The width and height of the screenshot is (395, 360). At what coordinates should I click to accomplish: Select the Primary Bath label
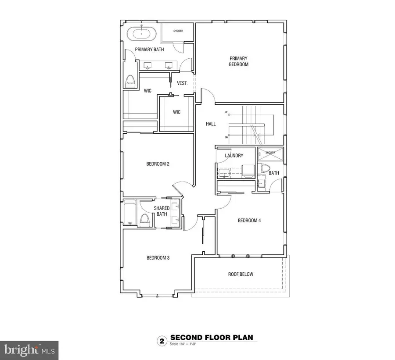[x=149, y=50]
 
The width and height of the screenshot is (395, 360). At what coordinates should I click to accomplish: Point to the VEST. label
[x=182, y=83]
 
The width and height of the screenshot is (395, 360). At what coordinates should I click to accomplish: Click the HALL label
[x=211, y=124]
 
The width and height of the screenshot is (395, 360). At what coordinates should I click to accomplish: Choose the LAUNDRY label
[x=234, y=156]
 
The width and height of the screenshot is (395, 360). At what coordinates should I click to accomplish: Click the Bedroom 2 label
[x=158, y=164]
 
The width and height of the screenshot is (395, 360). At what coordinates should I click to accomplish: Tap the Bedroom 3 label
[x=158, y=258]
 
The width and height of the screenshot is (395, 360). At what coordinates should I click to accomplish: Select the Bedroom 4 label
[x=249, y=221]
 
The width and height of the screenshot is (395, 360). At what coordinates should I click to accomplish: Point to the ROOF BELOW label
[x=241, y=274]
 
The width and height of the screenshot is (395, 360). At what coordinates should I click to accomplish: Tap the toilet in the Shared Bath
[x=144, y=219]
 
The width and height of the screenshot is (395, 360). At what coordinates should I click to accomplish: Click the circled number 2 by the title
[x=161, y=340]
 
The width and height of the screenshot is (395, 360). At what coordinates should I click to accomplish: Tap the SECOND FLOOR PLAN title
[x=211, y=338]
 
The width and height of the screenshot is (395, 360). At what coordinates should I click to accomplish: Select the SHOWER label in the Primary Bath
[x=178, y=31]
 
